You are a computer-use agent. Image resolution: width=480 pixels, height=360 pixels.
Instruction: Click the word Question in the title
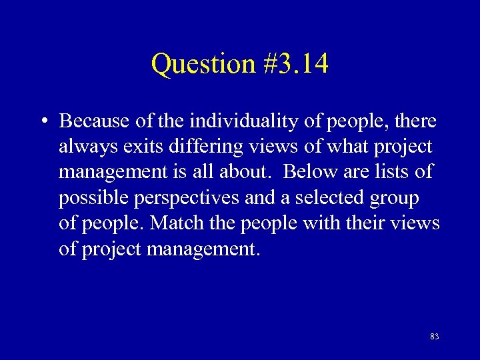point(201,65)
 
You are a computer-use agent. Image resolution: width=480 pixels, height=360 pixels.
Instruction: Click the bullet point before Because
point(43,122)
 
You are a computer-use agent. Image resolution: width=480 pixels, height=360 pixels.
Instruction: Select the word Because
point(90,121)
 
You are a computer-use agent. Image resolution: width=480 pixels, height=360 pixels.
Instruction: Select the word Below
point(307,172)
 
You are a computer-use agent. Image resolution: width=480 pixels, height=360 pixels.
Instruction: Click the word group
point(397,198)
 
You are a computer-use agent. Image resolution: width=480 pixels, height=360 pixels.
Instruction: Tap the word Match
point(173,223)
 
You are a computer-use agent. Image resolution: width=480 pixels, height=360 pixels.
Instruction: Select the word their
point(371,223)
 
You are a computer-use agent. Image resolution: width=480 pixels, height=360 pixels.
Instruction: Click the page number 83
point(434,337)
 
